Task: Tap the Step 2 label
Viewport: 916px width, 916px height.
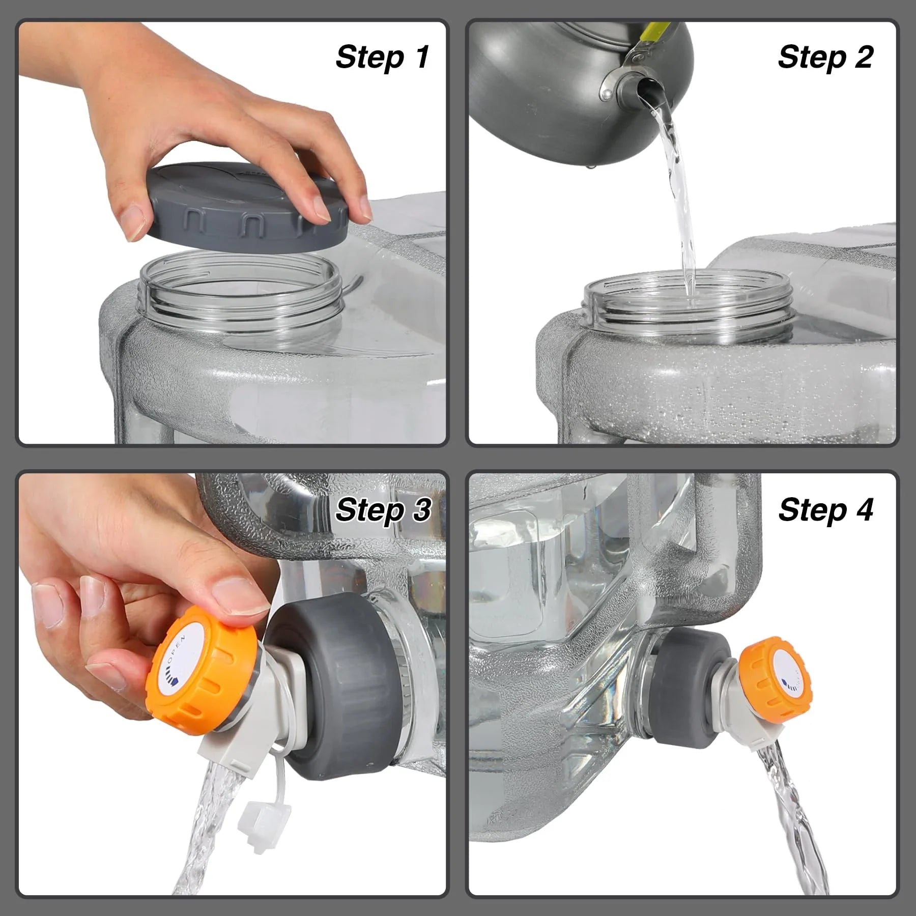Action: pyautogui.click(x=825, y=57)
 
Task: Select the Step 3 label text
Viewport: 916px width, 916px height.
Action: pyautogui.click(x=383, y=510)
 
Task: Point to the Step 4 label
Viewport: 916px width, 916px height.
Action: pyautogui.click(x=825, y=510)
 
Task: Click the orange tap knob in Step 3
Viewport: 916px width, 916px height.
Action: pyautogui.click(x=204, y=672)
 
